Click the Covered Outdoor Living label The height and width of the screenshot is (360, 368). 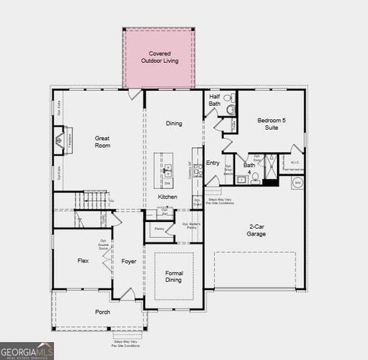158,58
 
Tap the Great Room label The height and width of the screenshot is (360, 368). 102,142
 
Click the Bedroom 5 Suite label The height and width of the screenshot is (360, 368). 273,124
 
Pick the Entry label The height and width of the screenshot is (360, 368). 213,162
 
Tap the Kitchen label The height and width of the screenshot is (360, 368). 167,196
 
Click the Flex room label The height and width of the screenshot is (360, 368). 83,261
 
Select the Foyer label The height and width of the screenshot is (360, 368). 128,261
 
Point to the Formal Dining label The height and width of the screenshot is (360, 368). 173,277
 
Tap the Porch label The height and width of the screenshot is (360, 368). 102,311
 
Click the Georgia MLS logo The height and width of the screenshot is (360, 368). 27,350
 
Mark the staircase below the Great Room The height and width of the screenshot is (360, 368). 95,199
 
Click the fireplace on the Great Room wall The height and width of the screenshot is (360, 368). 59,140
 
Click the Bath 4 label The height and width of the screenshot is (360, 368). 249,169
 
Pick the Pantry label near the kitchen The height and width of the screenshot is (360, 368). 159,229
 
